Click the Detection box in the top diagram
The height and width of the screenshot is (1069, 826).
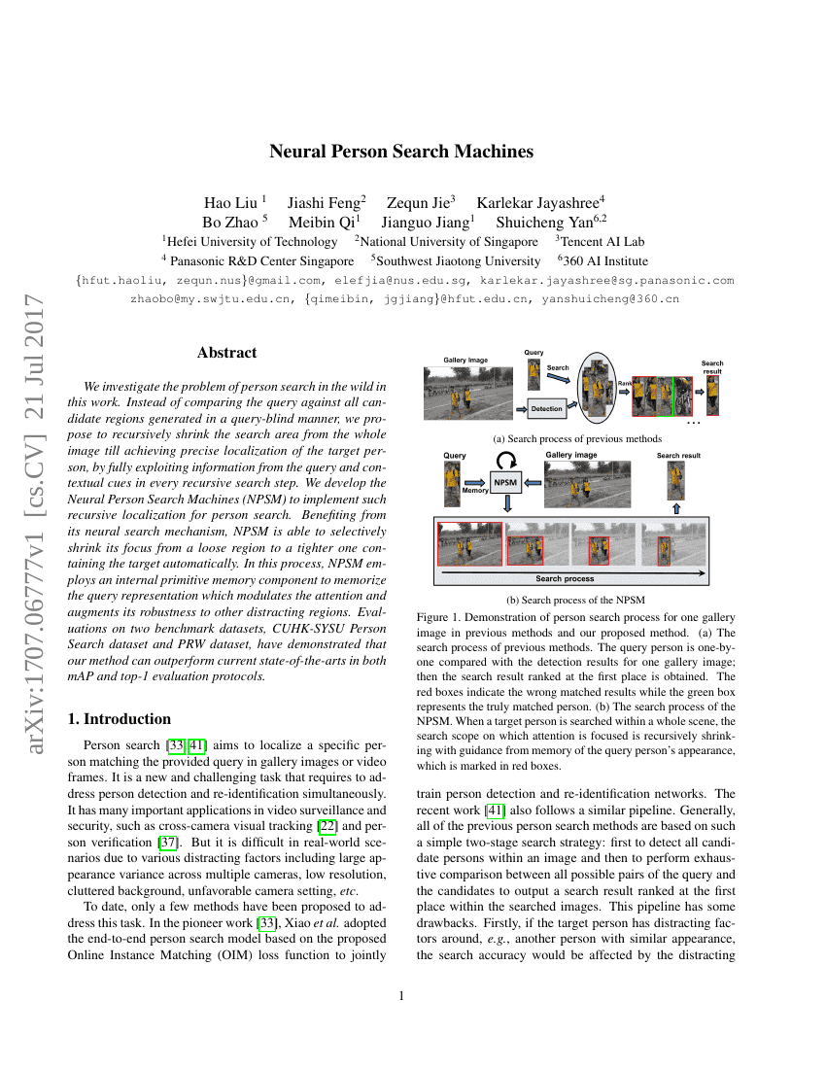point(546,408)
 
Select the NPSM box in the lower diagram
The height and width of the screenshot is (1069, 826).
point(506,481)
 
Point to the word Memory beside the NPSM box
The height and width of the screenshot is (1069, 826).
point(475,491)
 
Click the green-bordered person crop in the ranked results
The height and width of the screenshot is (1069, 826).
point(665,396)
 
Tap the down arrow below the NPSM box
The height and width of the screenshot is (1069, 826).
point(506,503)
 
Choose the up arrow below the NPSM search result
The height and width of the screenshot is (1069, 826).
point(677,507)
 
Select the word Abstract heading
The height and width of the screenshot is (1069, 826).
point(226,353)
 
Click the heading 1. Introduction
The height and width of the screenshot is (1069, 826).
point(120,719)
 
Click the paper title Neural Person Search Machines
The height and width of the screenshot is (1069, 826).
point(401,152)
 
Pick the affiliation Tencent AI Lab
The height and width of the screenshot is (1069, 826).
point(600,241)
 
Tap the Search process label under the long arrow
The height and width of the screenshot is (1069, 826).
point(565,579)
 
